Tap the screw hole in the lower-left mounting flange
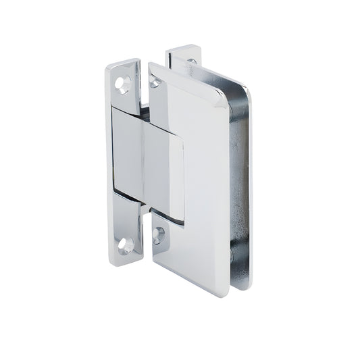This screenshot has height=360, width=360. (124, 242)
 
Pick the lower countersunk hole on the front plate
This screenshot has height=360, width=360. (159, 236)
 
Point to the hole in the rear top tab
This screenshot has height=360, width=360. (191, 62)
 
